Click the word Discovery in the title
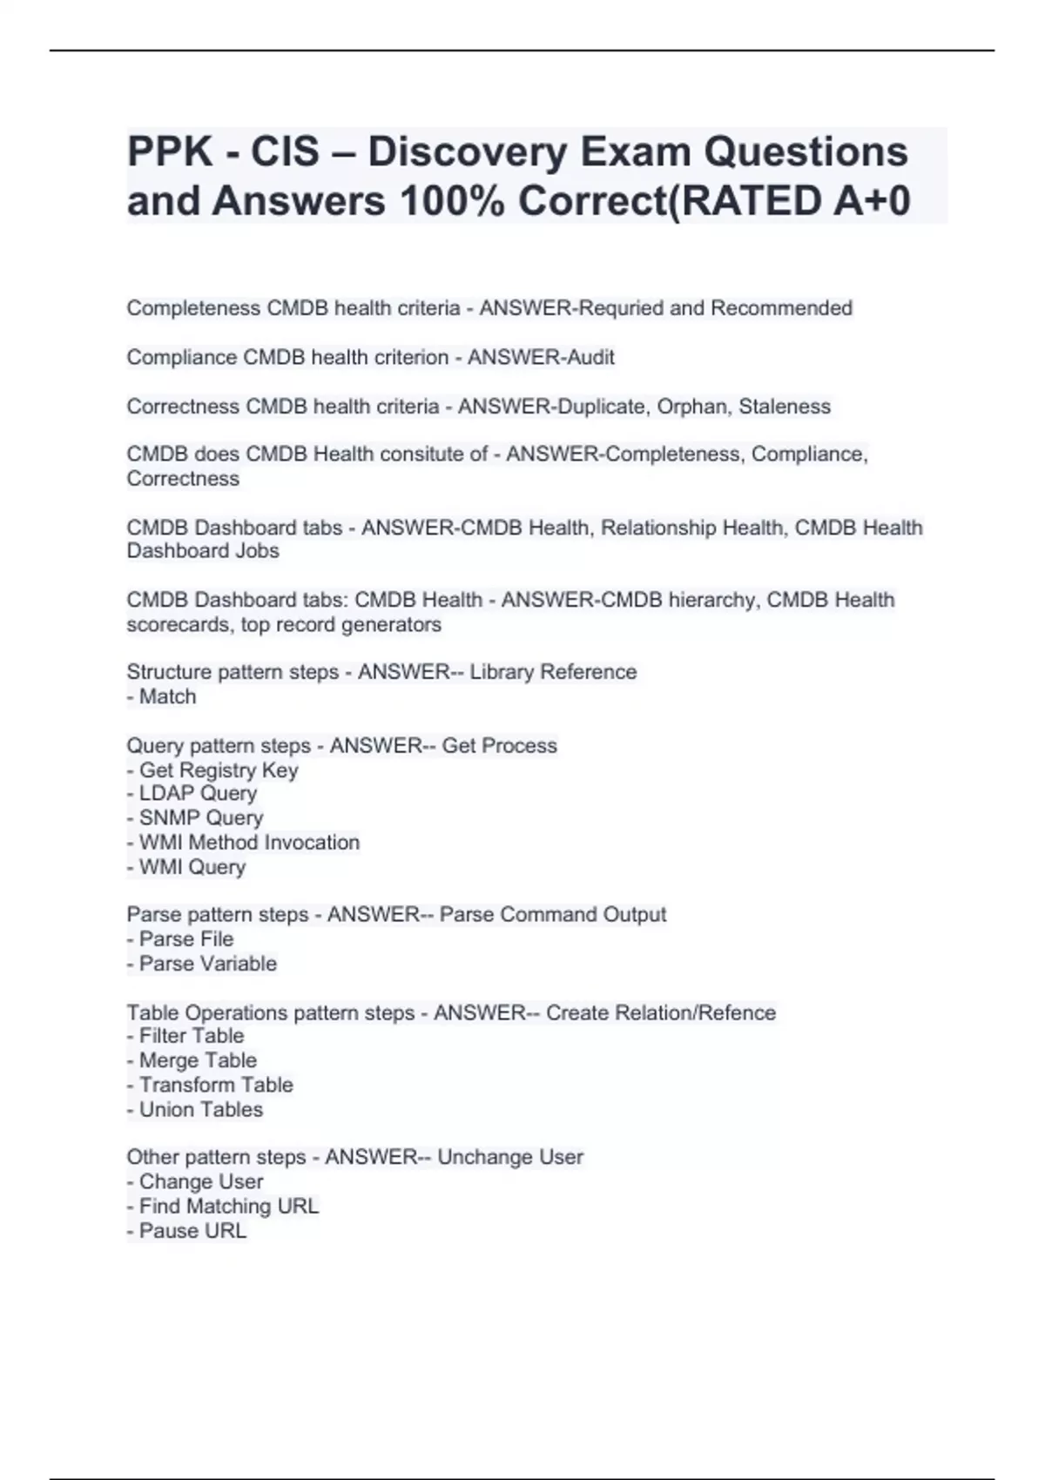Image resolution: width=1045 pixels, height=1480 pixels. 468,152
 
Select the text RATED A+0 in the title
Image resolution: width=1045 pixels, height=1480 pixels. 795,201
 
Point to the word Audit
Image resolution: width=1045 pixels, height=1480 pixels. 591,357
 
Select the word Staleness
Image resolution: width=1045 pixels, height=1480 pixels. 785,407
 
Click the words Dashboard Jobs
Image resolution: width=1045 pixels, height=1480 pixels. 203,551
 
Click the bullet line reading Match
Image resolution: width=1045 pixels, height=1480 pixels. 163,696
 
